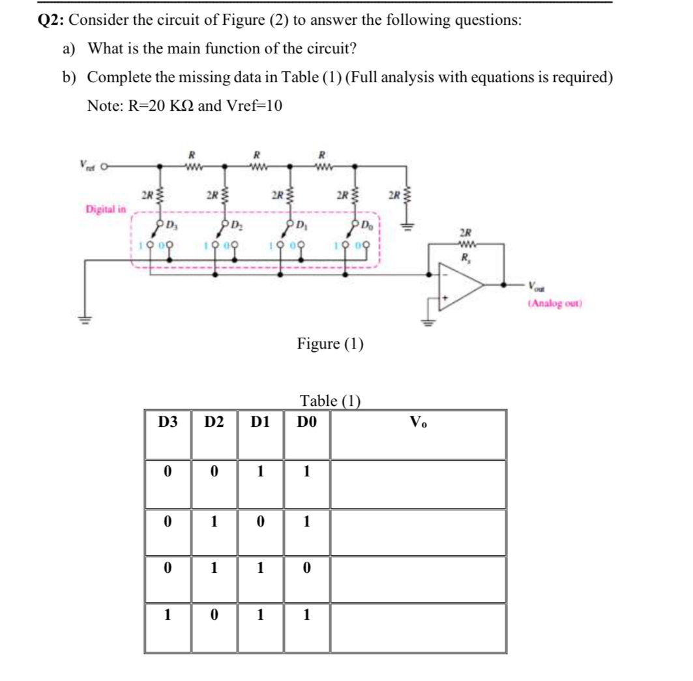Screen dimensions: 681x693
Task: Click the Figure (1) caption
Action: tap(330, 343)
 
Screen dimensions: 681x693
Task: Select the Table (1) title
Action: tap(330, 400)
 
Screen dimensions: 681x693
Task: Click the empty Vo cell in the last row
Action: tap(418, 627)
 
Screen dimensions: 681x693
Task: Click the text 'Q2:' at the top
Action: tap(51, 20)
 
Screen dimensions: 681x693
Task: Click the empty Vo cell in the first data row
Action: tap(418, 484)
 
